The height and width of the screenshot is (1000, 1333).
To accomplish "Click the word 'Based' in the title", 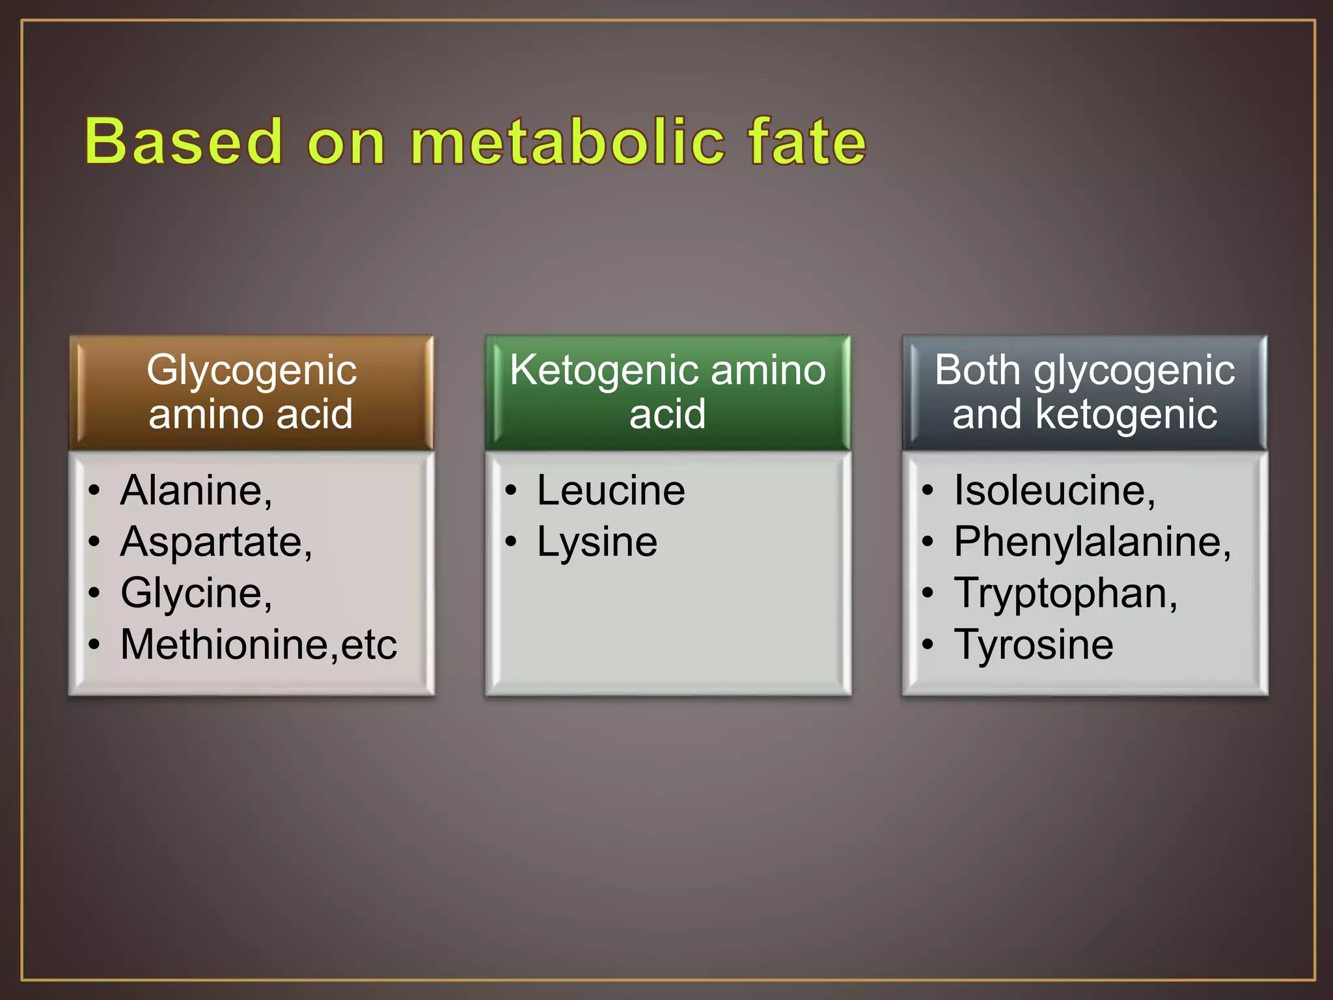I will (184, 141).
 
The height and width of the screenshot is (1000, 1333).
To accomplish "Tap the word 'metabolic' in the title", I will (568, 141).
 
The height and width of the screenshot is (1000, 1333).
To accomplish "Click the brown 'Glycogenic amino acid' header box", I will (251, 392).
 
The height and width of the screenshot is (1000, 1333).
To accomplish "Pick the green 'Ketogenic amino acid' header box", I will (668, 392).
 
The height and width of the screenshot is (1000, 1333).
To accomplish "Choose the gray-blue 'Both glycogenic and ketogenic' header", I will (1084, 392).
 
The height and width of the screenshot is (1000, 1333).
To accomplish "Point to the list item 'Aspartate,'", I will (217, 542).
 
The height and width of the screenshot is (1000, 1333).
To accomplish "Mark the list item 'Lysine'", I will (597, 542).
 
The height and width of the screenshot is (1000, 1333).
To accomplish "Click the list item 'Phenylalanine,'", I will (1092, 542).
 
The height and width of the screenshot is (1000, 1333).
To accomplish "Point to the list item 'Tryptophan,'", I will (1065, 593).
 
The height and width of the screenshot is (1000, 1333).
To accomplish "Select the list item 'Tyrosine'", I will (1034, 645).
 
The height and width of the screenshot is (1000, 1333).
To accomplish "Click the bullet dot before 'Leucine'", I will (512, 490).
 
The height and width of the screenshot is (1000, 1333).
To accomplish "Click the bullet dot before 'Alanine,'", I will (95, 490).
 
